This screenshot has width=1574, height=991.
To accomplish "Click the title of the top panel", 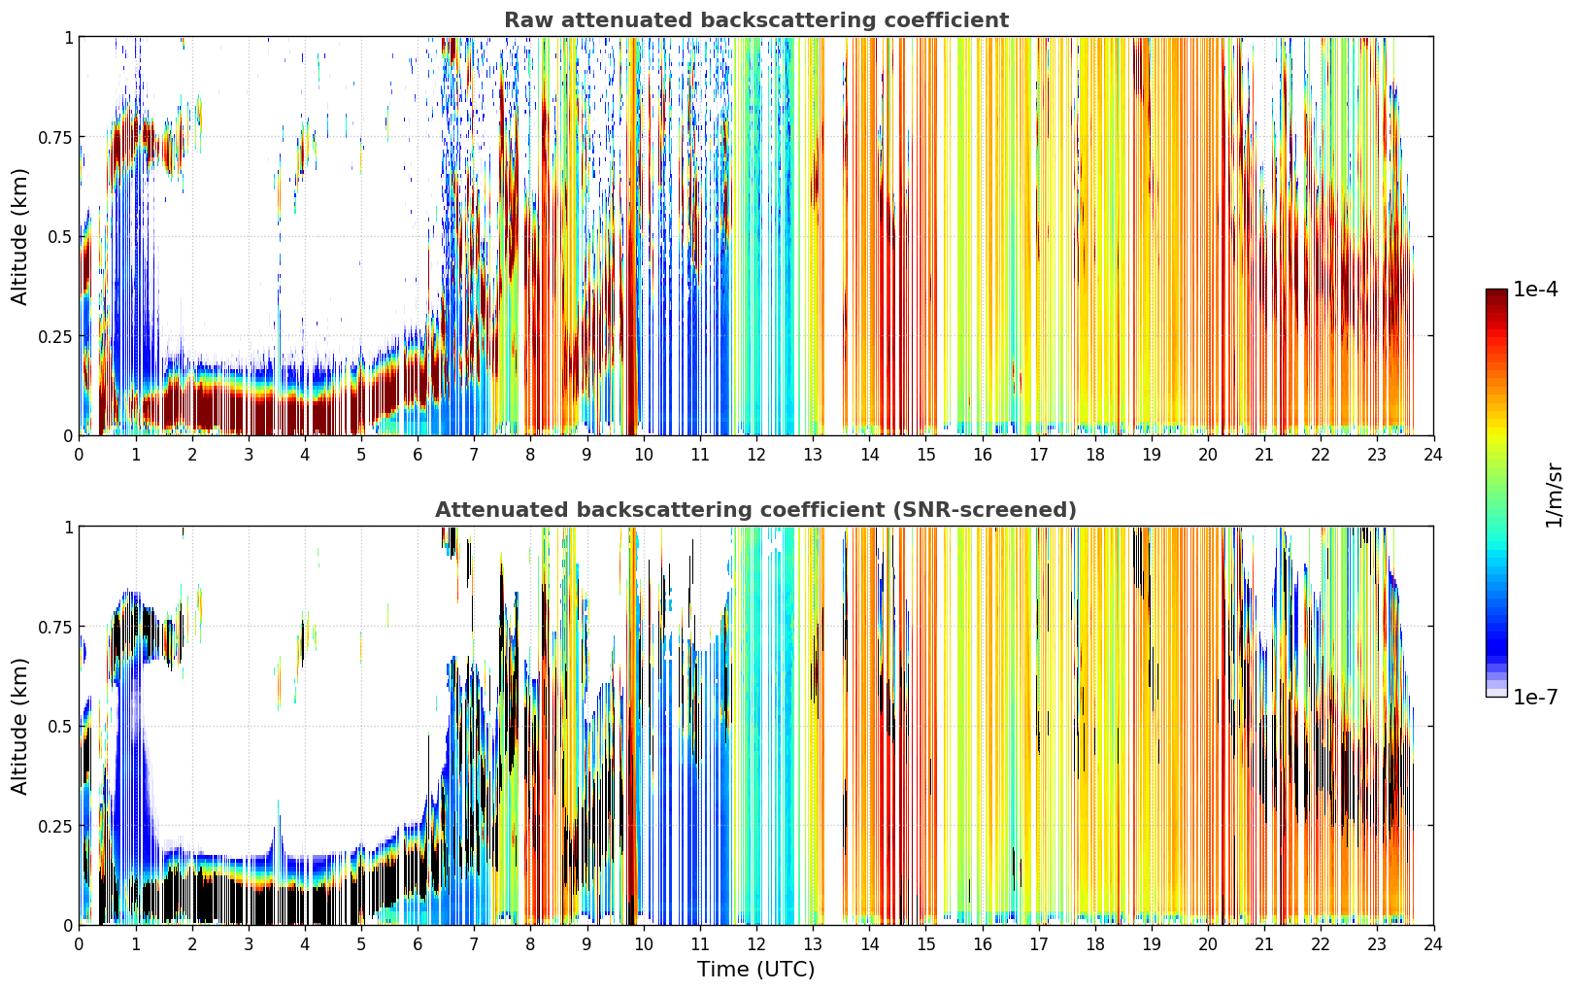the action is coord(756,19).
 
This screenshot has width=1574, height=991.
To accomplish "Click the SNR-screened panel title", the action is coord(756,509).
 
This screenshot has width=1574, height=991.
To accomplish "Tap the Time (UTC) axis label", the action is coord(756,970).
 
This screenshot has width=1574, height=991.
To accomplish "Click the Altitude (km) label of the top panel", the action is coord(19,236).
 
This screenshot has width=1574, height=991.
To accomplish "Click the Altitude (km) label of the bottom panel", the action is coord(19,726).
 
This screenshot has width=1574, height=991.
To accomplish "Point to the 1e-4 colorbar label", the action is coord(1535,289).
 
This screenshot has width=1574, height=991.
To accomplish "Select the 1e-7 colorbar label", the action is coord(1535,698).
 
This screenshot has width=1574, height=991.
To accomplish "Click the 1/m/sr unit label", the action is coord(1554,495).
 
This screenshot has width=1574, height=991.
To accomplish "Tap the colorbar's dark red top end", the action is coord(1496,291).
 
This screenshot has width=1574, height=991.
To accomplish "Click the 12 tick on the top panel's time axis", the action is coord(756,454).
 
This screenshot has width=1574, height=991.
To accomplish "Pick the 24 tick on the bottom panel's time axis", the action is coord(1433,944).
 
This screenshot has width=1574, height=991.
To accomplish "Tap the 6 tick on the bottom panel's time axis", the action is coord(418,944).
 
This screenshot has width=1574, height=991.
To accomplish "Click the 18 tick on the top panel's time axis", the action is coord(1094,454).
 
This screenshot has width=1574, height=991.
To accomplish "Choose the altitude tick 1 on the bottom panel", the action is coord(69,528).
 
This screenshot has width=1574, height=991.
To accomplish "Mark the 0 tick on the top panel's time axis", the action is coord(79,454).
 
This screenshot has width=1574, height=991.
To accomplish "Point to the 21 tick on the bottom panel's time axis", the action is coord(1264,944).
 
